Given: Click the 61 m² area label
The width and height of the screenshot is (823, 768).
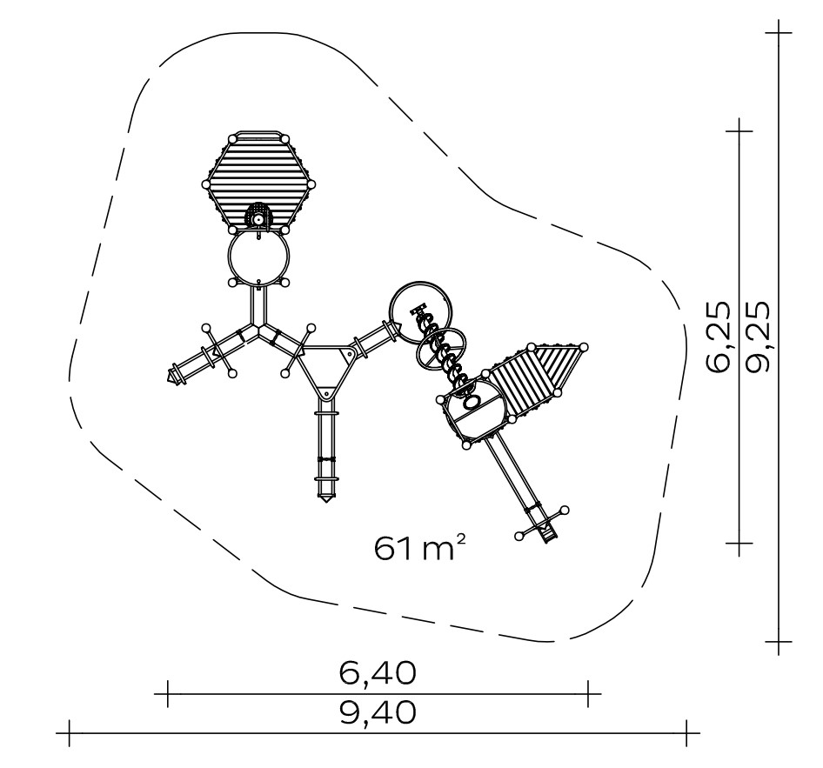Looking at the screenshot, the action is point(420,547).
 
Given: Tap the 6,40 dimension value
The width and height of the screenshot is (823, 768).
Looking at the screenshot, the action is point(378,672).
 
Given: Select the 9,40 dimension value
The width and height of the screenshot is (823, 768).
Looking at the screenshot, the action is point(378,711).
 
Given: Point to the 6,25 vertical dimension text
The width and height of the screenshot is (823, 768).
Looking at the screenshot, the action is point(718,337).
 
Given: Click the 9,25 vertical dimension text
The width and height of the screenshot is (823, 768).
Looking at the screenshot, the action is point(758,337).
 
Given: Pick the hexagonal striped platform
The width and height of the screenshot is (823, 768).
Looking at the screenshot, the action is point(258,182).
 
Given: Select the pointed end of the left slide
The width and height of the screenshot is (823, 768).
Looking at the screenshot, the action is point(170,377).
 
